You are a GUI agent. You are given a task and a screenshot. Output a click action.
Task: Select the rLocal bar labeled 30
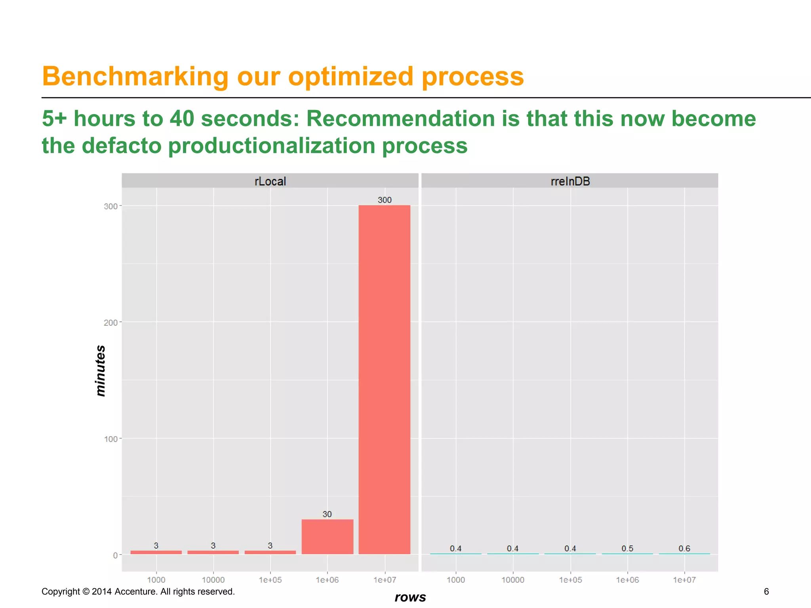(x=327, y=537)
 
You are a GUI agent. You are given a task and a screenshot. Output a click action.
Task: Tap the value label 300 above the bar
(x=384, y=200)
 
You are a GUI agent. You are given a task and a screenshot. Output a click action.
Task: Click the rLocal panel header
(x=270, y=181)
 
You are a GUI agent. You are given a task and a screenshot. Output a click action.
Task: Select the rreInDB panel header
(x=570, y=181)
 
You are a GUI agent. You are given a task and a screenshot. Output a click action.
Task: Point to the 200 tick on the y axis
(x=110, y=323)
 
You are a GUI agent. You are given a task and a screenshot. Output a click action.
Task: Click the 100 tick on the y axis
(x=110, y=439)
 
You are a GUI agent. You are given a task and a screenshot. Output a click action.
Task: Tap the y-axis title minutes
(x=101, y=370)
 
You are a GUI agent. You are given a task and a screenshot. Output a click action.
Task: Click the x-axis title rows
(x=410, y=597)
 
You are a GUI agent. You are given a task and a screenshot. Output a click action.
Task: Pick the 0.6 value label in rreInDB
(x=684, y=548)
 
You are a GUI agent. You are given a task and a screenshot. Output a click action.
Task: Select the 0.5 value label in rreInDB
(x=627, y=548)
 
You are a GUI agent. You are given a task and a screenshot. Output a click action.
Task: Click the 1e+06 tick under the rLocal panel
(x=327, y=580)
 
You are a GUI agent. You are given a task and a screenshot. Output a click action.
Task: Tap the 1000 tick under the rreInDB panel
(x=455, y=580)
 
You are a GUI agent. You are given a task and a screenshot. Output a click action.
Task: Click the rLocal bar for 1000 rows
(x=156, y=552)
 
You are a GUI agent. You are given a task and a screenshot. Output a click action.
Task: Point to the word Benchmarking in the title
(x=135, y=76)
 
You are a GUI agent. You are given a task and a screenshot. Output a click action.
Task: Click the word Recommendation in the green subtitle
(x=400, y=118)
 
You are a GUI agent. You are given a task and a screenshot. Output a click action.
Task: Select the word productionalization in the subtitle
(x=271, y=145)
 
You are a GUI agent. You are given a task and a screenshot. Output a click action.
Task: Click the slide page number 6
(x=766, y=591)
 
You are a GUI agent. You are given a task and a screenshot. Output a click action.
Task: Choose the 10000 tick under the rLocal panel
(x=213, y=580)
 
